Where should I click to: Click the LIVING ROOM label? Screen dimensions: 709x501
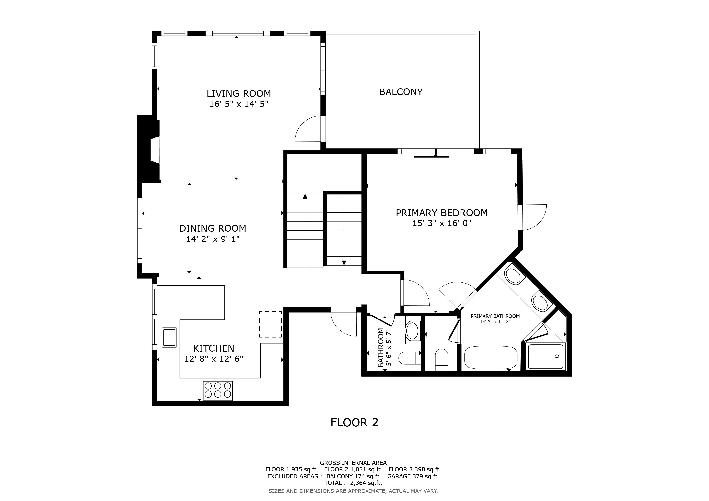[239, 93]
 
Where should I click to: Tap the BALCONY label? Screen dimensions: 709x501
[401, 92]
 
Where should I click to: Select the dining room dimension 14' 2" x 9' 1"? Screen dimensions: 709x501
[213, 239]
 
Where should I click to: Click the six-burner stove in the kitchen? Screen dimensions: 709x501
[218, 391]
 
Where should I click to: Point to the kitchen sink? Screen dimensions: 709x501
[169, 338]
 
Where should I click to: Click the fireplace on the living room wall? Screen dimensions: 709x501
[149, 149]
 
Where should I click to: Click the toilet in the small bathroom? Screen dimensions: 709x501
[410, 358]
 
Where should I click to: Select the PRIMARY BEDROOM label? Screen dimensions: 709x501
[442, 213]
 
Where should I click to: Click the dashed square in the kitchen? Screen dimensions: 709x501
[270, 324]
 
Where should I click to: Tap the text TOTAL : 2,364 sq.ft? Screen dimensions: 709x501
[353, 483]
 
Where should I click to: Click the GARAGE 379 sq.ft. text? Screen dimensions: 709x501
[413, 476]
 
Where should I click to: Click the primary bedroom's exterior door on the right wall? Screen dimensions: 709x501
[532, 217]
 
